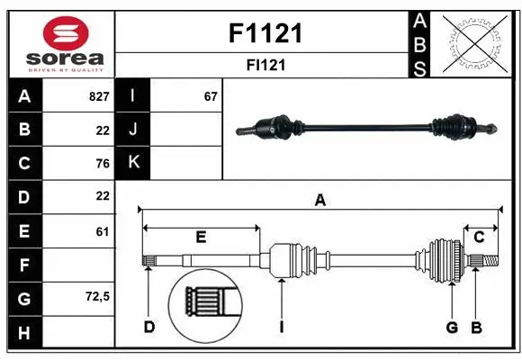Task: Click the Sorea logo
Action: click(x=60, y=41)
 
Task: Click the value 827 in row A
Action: click(x=99, y=96)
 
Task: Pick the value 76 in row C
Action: click(x=102, y=163)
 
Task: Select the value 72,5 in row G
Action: click(x=96, y=296)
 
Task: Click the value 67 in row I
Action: click(x=211, y=96)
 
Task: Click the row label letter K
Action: click(x=133, y=163)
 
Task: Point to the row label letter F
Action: click(x=24, y=264)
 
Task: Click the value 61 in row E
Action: click(x=102, y=230)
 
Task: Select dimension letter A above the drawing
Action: click(x=319, y=200)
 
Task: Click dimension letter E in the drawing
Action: click(x=201, y=237)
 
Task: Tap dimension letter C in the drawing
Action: click(x=479, y=237)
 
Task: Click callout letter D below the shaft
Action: click(x=148, y=327)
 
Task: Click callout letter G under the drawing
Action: click(x=452, y=327)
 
